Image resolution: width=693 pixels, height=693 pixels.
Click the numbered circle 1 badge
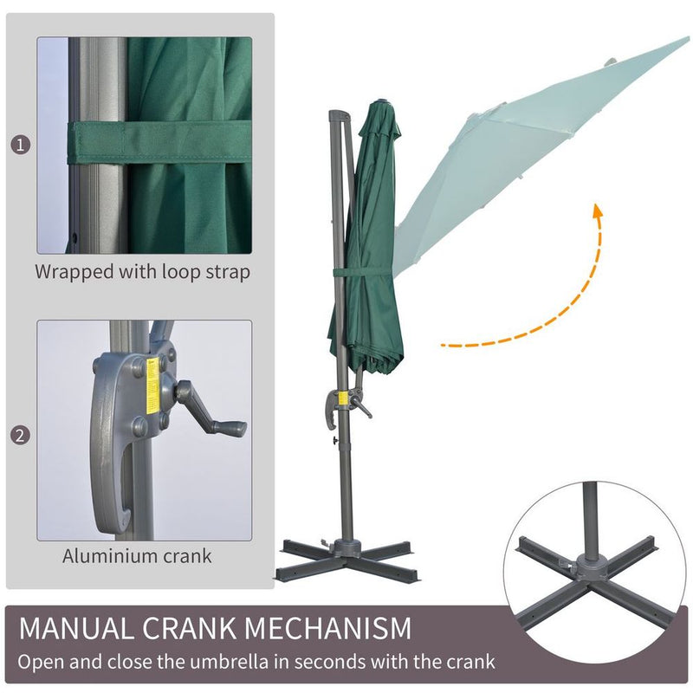[20, 144]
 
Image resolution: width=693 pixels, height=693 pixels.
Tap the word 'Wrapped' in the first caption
[72, 271]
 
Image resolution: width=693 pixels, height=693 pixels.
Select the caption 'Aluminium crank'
[137, 555]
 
